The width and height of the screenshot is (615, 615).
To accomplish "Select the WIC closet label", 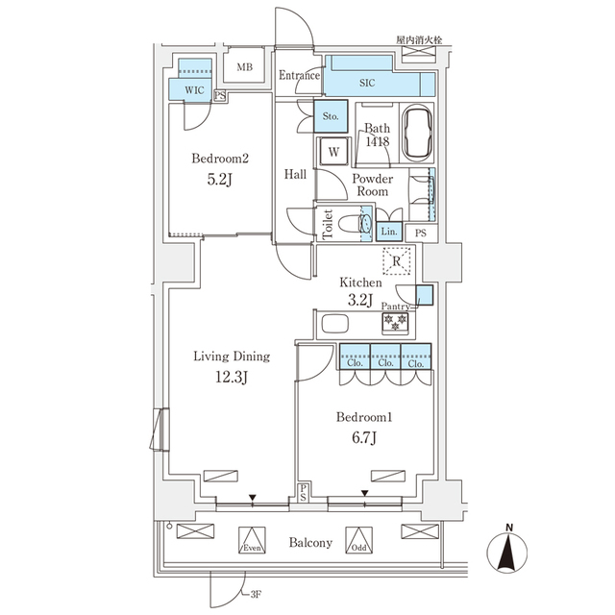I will point(194,89).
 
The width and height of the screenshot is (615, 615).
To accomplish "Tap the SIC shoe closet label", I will point(367,84).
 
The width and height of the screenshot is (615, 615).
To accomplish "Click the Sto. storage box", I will point(332,115).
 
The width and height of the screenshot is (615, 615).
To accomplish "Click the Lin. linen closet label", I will point(389,233).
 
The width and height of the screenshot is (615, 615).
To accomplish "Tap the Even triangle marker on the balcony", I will point(252,540).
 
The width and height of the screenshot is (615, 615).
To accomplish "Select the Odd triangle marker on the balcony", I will point(358,540).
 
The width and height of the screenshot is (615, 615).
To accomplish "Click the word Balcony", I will point(310,543).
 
